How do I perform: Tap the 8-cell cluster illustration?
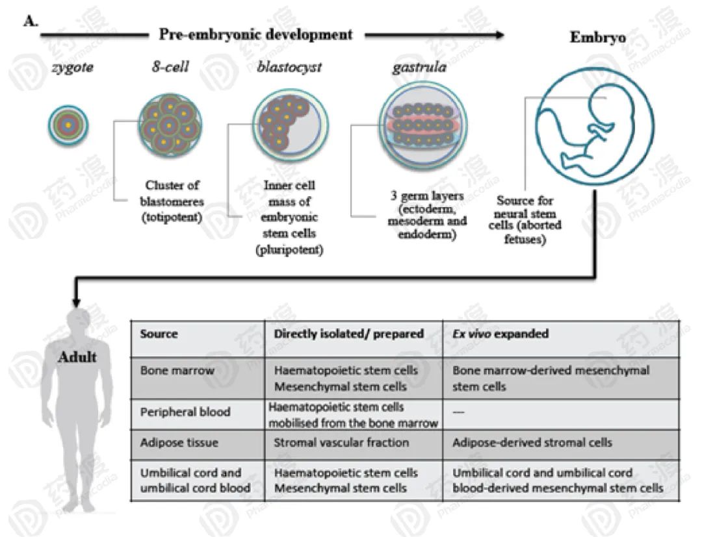click(x=170, y=124)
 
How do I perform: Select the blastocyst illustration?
click(x=290, y=124)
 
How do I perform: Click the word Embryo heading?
click(x=598, y=37)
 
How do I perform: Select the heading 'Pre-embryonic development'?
click(x=256, y=34)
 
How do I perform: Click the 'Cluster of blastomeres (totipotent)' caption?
click(x=170, y=201)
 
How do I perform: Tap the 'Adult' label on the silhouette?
click(x=77, y=356)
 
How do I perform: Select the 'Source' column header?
click(x=159, y=334)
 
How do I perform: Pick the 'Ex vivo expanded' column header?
click(x=500, y=334)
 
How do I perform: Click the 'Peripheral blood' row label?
click(x=185, y=412)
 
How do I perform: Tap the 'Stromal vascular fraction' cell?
click(x=341, y=442)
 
